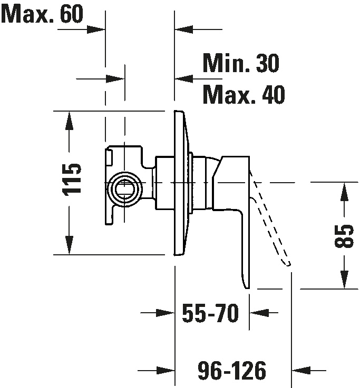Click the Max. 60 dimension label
click(x=42, y=14)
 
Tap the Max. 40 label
click(x=244, y=94)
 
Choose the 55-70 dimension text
click(x=210, y=313)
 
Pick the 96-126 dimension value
click(x=232, y=370)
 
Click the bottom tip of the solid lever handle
click(x=247, y=288)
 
